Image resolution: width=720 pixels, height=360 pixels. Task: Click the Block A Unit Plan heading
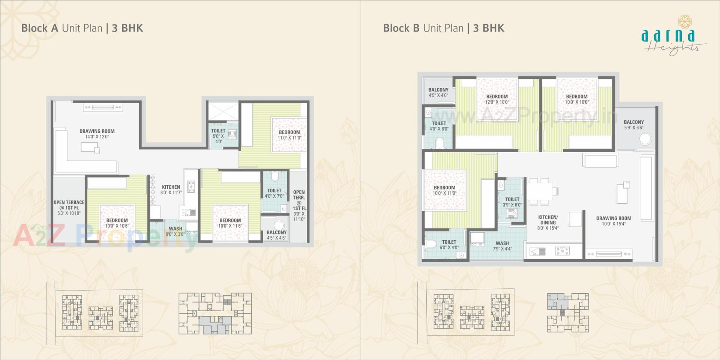[82, 28]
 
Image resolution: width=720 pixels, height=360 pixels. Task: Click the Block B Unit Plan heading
[444, 28]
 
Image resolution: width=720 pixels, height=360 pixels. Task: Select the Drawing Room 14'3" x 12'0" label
[97, 134]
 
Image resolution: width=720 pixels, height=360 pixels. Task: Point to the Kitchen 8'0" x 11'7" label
[171, 189]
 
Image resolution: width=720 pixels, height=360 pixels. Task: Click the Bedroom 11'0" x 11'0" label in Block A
[289, 135]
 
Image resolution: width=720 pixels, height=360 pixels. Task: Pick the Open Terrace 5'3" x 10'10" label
[69, 207]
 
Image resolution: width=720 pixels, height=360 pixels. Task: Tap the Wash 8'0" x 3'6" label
[175, 231]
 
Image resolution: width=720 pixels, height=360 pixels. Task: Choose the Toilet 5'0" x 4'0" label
[218, 136]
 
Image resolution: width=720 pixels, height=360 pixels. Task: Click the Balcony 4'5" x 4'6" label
[277, 235]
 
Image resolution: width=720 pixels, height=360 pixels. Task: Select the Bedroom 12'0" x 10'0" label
[497, 99]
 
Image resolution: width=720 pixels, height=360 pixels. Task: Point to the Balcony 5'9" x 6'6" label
[634, 124]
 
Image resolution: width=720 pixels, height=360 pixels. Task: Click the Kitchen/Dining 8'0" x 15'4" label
[548, 222]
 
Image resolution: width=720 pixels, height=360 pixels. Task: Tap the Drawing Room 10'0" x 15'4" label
[613, 221]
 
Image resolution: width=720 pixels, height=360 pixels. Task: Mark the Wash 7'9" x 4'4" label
[502, 246]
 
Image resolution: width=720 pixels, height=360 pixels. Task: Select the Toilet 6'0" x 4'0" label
[449, 244]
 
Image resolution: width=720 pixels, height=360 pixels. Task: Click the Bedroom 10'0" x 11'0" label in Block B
[444, 190]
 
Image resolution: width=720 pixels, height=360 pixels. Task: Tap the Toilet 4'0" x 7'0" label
[274, 193]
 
